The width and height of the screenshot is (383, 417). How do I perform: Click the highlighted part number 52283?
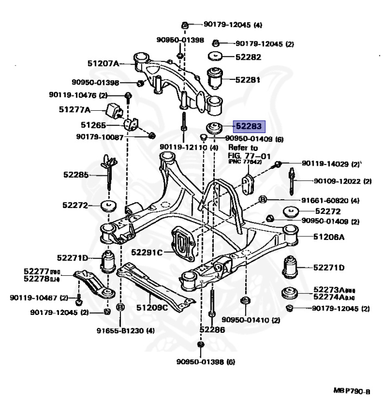click(248, 127)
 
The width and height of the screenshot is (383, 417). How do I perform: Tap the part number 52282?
click(248, 56)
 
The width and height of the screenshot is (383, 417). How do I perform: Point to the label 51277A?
click(74, 109)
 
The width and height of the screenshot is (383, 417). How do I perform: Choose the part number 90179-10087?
click(101, 135)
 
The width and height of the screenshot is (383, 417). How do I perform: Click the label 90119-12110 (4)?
click(189, 148)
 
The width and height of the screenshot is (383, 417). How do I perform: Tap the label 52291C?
click(147, 252)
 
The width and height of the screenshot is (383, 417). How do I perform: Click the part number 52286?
click(212, 329)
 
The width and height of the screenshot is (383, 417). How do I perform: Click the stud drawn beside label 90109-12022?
click(292, 181)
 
